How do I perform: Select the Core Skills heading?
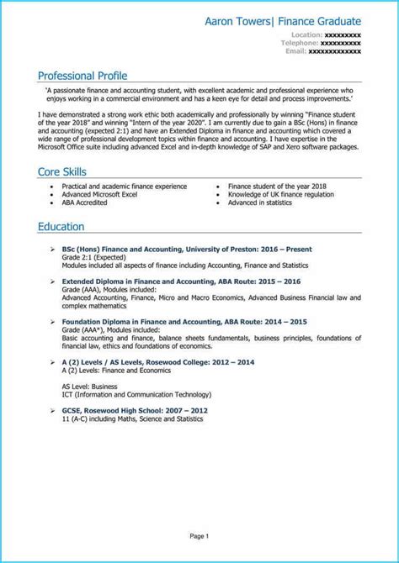tap(61, 171)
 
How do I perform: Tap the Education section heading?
tap(61, 227)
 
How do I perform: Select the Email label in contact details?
tap(295, 50)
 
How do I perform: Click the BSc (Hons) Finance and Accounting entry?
tap(187, 250)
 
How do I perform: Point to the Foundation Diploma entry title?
tap(184, 322)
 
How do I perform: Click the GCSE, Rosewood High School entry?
tap(135, 409)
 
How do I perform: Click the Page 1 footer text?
tap(199, 535)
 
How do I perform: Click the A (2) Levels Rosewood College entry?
tap(157, 361)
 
